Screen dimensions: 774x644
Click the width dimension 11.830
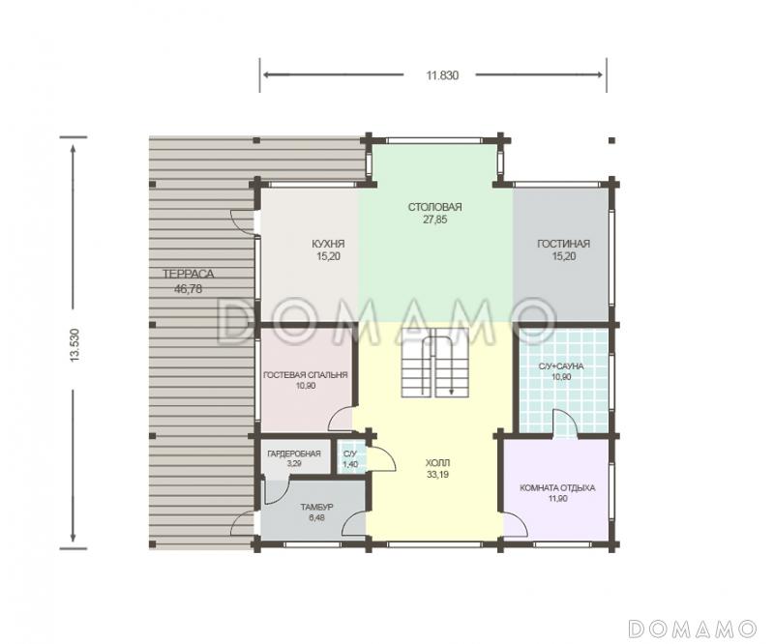tap(442, 75)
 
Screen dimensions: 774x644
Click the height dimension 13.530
tap(74, 345)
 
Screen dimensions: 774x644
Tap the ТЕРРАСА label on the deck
tap(188, 274)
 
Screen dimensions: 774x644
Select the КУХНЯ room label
tap(328, 244)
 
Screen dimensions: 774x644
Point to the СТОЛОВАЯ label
tap(434, 207)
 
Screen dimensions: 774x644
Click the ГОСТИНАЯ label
tap(564, 244)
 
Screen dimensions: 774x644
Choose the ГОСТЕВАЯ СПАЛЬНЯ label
tap(306, 375)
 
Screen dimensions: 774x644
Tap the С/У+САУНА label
tap(561, 366)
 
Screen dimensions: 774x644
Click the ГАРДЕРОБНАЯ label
tap(294, 454)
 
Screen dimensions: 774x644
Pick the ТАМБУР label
tap(317, 507)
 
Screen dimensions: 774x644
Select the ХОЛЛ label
tap(438, 463)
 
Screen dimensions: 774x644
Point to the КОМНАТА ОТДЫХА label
tap(557, 488)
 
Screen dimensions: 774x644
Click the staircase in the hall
tap(434, 363)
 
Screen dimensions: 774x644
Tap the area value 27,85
tap(434, 220)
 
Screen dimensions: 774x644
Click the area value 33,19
tap(438, 475)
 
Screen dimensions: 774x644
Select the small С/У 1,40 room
tap(351, 458)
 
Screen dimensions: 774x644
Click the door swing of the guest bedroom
tap(342, 419)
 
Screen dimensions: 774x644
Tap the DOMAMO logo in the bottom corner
tap(692, 628)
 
